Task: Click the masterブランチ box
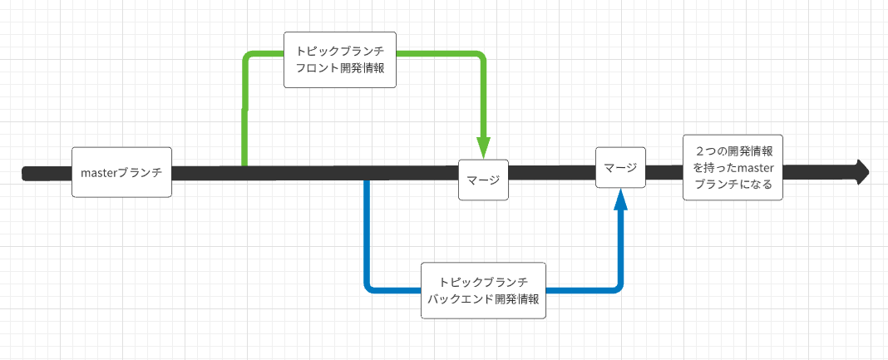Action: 121,172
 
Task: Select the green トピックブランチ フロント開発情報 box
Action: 340,60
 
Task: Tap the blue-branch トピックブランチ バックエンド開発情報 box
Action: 483,290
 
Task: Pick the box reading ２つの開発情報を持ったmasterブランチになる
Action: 733,168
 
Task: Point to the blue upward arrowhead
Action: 620,199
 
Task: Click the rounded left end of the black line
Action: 26,173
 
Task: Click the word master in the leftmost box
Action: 100,173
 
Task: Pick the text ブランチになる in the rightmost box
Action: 733,185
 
